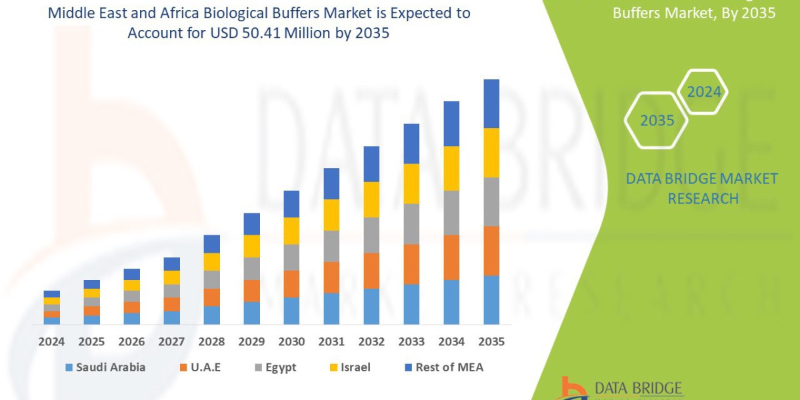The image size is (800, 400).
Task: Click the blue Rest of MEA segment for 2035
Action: click(491, 103)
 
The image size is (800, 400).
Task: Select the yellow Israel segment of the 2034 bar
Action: click(451, 168)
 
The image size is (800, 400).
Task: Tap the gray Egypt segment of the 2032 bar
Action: click(371, 235)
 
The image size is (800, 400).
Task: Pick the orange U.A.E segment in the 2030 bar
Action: click(291, 283)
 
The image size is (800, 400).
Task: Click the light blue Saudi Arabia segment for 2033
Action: click(411, 304)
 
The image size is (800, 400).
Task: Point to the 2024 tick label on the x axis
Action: click(51, 341)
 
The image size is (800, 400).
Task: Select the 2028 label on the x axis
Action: click(211, 341)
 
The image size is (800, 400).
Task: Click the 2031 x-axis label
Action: click(331, 341)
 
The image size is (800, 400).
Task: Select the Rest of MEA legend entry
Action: click(443, 367)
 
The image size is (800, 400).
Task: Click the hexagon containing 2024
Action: click(703, 92)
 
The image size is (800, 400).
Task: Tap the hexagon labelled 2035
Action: click(657, 121)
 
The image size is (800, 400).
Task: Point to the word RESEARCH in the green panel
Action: click(703, 198)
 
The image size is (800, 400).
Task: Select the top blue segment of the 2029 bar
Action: click(251, 224)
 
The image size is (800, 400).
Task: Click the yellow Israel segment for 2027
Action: click(171, 277)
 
